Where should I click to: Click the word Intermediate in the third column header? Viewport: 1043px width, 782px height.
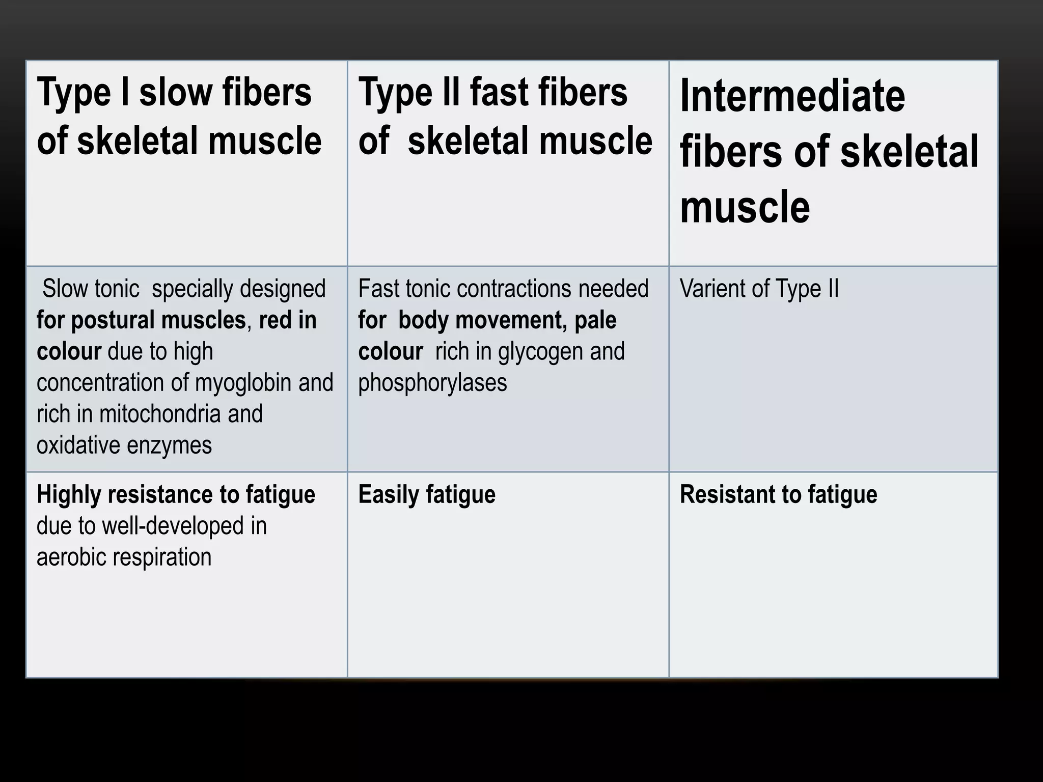(792, 96)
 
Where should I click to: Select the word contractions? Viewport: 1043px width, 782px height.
(514, 289)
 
